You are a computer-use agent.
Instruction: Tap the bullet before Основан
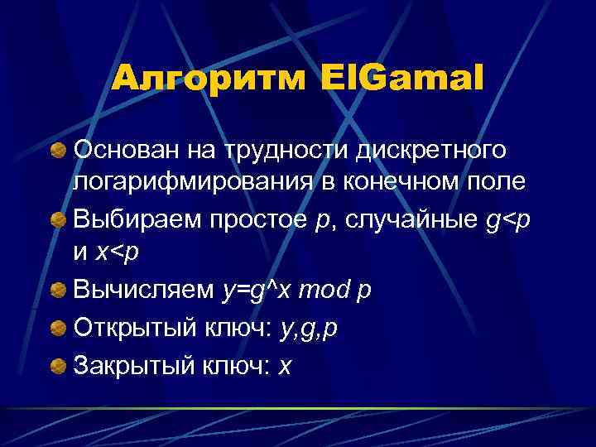59,151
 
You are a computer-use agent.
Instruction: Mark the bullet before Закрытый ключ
59,366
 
